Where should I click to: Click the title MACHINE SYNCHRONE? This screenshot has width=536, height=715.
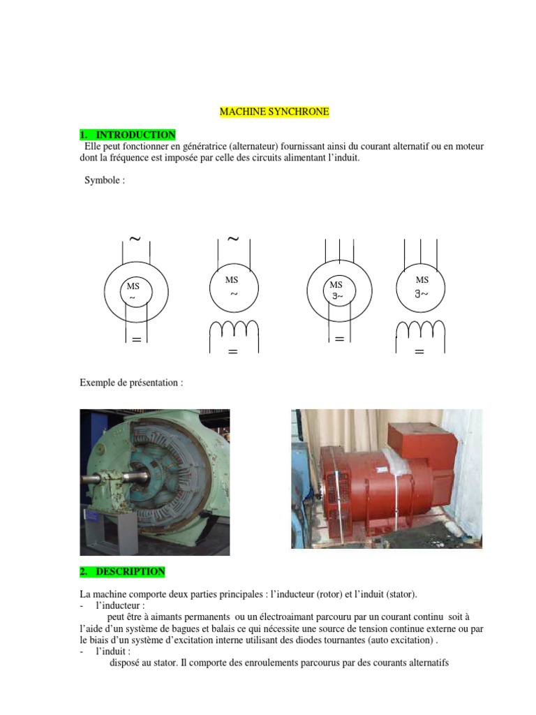pyautogui.click(x=274, y=111)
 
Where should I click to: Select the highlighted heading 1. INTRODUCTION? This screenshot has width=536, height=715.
pyautogui.click(x=128, y=134)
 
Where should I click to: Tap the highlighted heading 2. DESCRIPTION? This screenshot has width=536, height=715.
pyautogui.click(x=123, y=571)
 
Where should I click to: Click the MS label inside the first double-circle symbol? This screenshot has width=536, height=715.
pyautogui.click(x=133, y=286)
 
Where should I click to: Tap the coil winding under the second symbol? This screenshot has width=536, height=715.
pyautogui.click(x=233, y=329)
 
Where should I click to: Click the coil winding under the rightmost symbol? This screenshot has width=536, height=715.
pyautogui.click(x=419, y=329)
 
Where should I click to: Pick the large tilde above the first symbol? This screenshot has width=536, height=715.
pyautogui.click(x=135, y=239)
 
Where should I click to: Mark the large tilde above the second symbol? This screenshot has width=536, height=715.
pyautogui.click(x=233, y=239)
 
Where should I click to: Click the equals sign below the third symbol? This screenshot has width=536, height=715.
pyautogui.click(x=340, y=339)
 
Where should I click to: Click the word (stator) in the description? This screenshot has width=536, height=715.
pyautogui.click(x=397, y=594)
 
